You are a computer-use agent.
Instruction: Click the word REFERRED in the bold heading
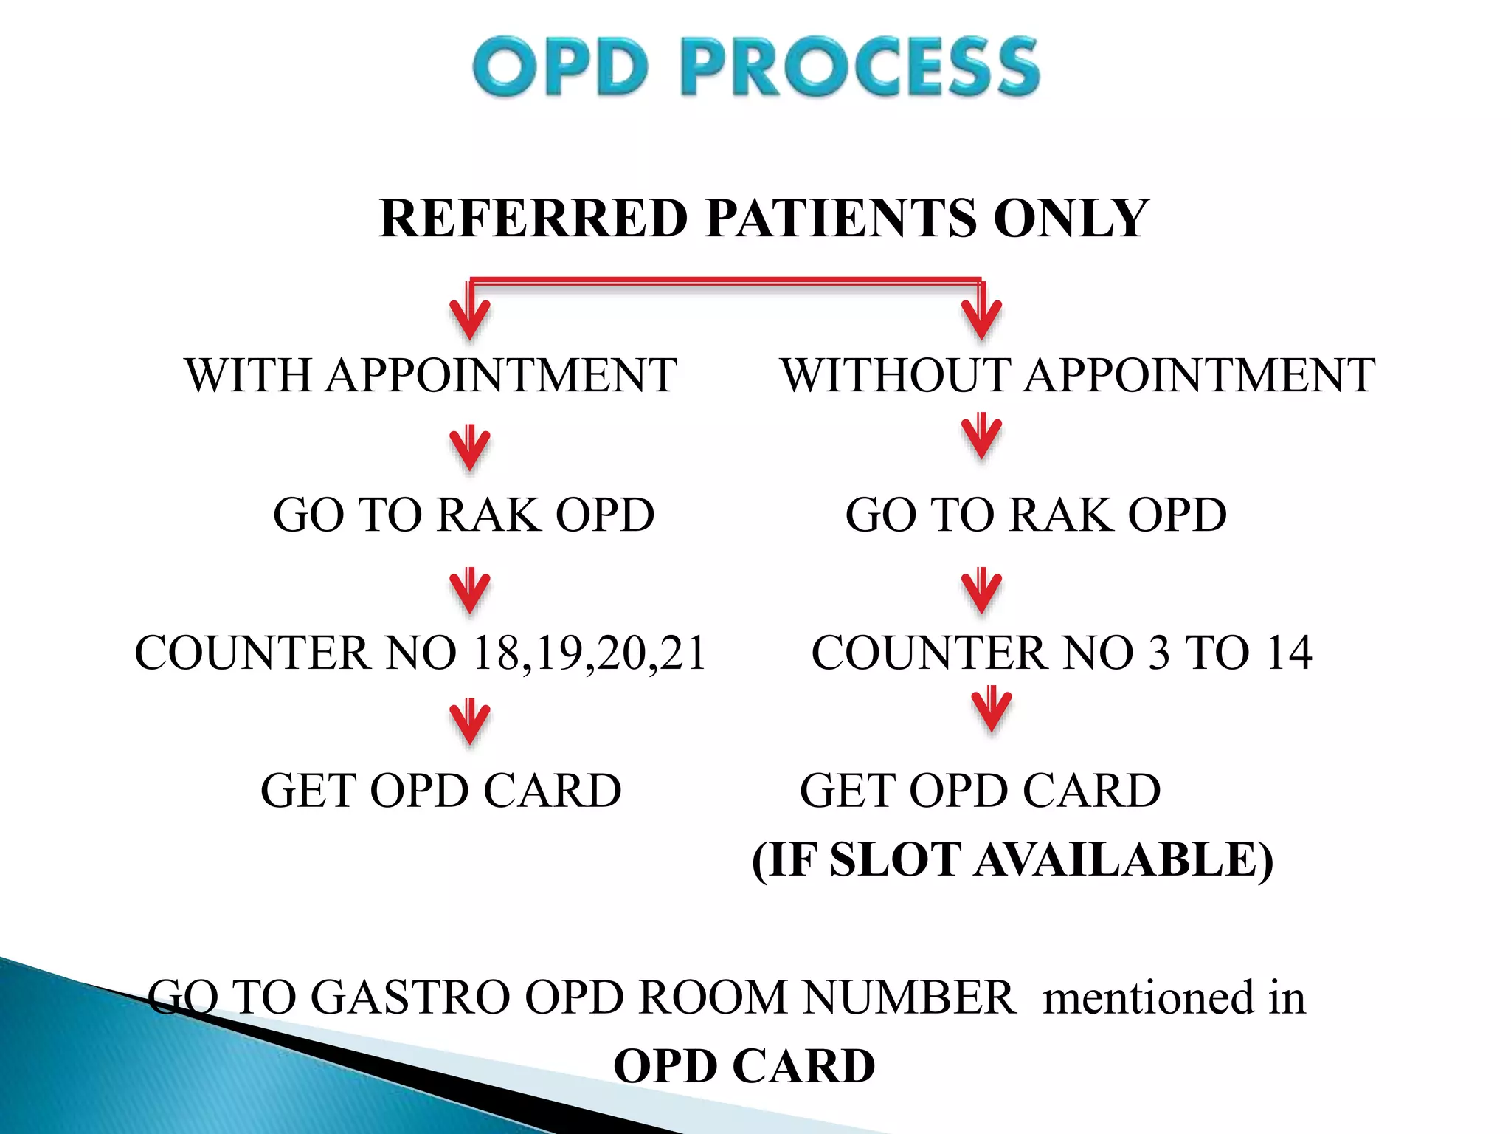tap(533, 219)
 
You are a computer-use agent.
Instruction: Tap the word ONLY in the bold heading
tap(1071, 219)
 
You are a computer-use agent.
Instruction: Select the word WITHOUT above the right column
tap(895, 375)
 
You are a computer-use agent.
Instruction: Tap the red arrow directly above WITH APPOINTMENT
tap(470, 316)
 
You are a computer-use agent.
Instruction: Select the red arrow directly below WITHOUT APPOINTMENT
tap(981, 437)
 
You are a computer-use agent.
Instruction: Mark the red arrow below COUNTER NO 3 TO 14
tap(992, 709)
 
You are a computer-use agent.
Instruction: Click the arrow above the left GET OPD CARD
tap(470, 721)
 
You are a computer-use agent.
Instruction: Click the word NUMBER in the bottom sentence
tap(909, 998)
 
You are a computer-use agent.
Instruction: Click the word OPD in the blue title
tap(561, 67)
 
